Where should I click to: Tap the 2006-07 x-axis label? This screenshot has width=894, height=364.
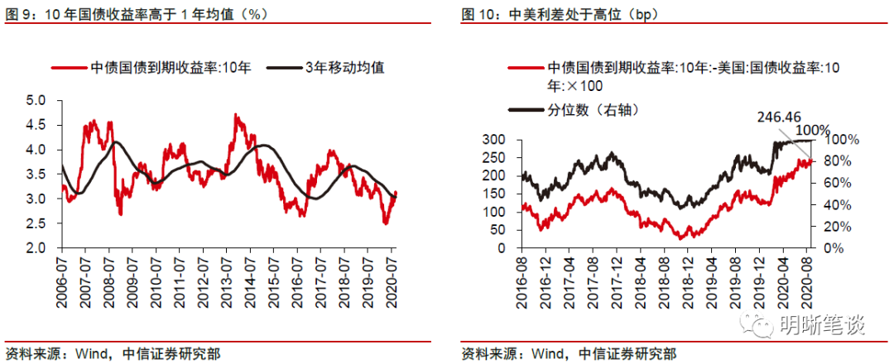tap(64, 279)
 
